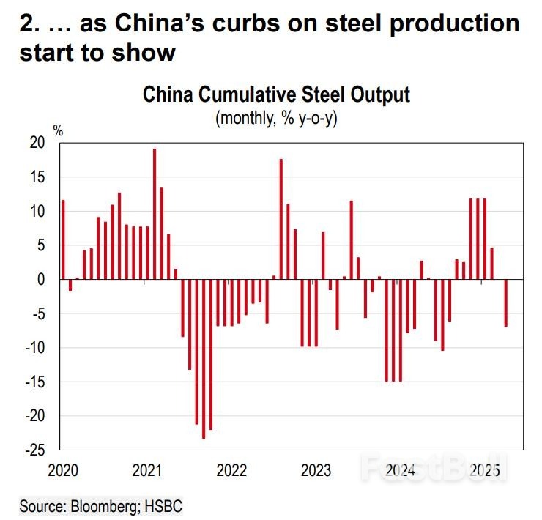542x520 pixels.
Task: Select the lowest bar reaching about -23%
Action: (x=204, y=359)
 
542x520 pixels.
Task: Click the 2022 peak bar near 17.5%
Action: (x=281, y=219)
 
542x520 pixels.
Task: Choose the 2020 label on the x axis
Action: (x=63, y=469)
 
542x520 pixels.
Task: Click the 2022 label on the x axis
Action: (x=232, y=469)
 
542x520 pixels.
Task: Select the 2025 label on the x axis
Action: (x=485, y=469)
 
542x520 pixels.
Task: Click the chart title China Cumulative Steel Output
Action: (x=276, y=96)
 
